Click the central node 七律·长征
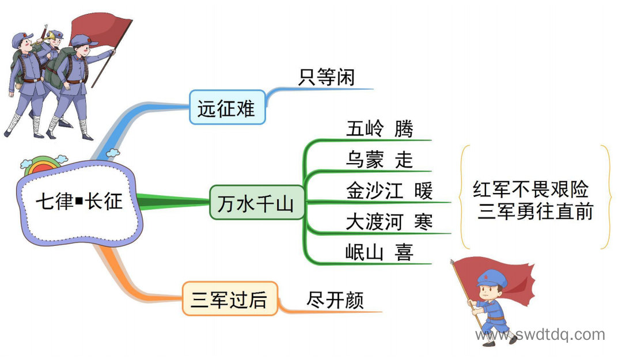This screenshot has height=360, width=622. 79,202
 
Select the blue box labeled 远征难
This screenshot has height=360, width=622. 227,108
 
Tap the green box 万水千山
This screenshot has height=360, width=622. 257,202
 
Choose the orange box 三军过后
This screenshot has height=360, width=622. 230,299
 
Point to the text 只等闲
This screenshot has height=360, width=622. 326,77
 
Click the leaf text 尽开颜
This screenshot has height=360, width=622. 335,300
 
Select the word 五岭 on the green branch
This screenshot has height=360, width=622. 365,128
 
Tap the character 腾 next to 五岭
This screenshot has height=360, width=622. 404,128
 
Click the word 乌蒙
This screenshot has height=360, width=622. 365,160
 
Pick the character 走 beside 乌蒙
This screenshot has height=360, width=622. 404,160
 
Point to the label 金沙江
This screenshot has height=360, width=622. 374,191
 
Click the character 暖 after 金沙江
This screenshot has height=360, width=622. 423,191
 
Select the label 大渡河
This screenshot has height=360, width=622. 374,222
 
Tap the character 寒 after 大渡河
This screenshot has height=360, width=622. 423,222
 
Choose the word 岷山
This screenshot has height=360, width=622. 365,252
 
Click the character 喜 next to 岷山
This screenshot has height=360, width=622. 404,252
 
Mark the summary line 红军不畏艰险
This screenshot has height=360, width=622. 531,189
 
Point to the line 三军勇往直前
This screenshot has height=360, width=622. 535,211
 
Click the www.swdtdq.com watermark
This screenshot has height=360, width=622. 540,335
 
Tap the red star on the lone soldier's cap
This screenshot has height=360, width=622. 484,276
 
